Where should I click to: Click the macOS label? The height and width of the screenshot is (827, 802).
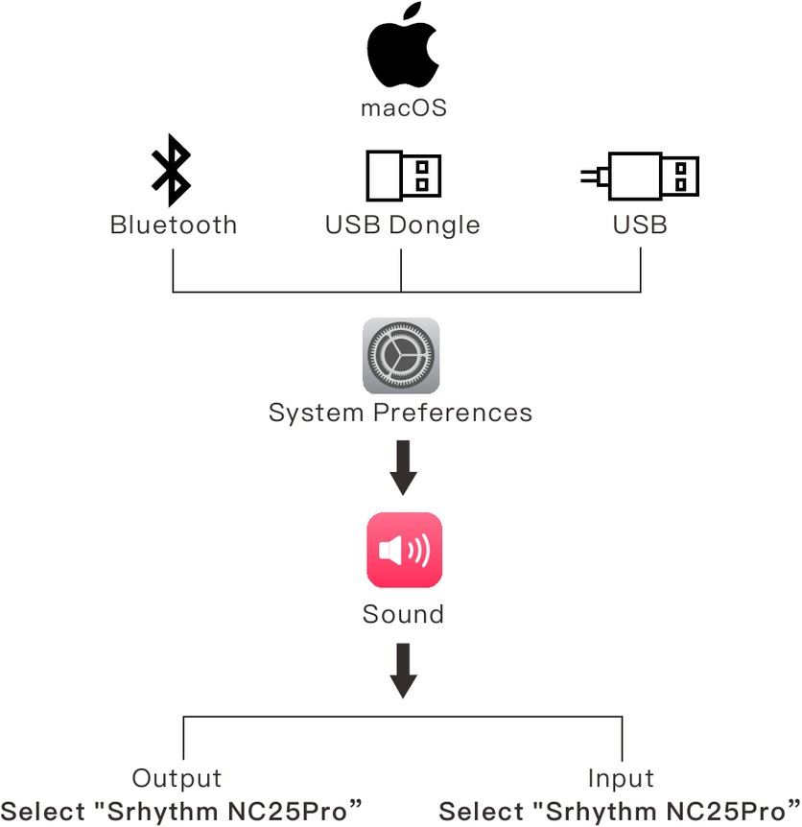[x=403, y=107]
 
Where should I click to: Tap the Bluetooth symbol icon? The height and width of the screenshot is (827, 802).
[x=172, y=171]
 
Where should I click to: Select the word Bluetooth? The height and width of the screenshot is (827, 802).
[x=173, y=225]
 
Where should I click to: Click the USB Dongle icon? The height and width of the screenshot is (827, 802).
[x=402, y=176]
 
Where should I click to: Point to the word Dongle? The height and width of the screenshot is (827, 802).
[x=435, y=226]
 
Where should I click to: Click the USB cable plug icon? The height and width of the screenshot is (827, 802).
[x=640, y=176]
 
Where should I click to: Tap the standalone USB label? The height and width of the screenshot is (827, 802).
[x=640, y=225]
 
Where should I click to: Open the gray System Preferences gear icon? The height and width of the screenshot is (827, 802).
[x=401, y=356]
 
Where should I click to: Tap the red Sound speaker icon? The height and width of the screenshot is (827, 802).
[x=404, y=550]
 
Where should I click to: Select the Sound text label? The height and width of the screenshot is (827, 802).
[x=403, y=614]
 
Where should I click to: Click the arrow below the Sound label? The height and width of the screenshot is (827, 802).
[x=403, y=671]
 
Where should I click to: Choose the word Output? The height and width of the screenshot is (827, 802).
[x=177, y=778]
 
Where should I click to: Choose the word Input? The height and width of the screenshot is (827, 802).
[x=621, y=778]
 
